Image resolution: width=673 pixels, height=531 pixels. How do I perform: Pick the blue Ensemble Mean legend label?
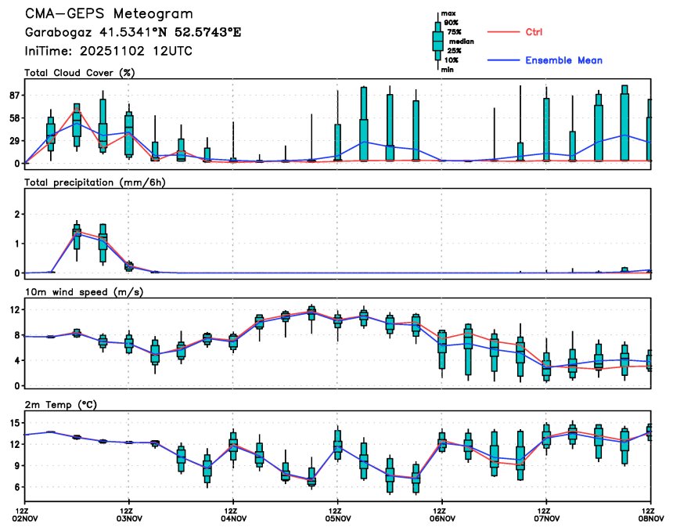(x=563, y=61)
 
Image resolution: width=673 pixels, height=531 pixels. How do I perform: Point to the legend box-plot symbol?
(x=437, y=41)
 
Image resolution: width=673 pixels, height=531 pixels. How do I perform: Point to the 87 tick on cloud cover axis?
(x=13, y=96)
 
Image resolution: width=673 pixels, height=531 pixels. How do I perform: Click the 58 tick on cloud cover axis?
(x=13, y=118)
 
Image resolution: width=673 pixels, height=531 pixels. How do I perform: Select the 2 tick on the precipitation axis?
(x=16, y=215)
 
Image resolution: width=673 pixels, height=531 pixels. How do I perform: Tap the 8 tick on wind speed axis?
(x=16, y=335)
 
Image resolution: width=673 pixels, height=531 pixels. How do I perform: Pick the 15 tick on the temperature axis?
(x=13, y=423)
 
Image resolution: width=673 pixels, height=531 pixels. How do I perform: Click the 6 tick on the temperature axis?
(x=16, y=487)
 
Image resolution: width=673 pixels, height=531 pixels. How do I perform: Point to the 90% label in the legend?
(x=451, y=23)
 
